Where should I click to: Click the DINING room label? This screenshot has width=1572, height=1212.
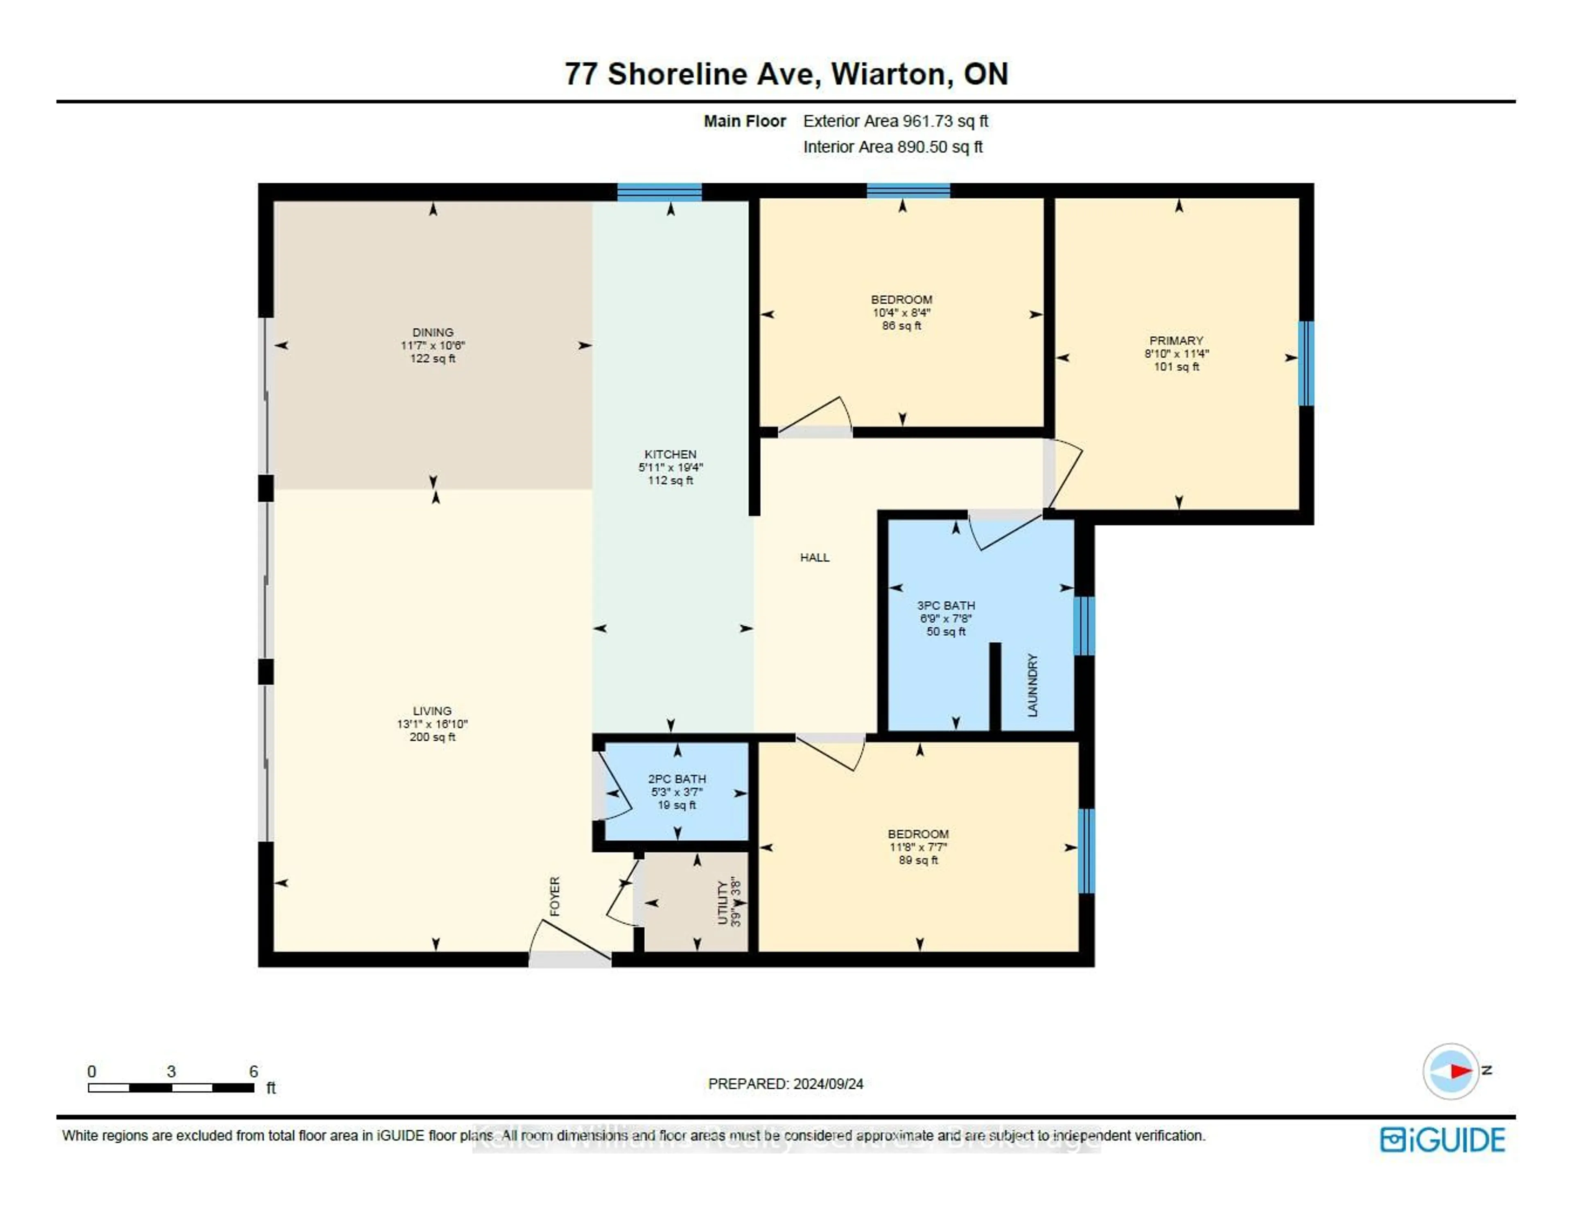(433, 332)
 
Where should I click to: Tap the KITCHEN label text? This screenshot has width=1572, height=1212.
(670, 454)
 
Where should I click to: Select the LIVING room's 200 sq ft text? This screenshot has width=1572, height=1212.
(433, 737)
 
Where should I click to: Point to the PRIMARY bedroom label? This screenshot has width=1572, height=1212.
(1176, 341)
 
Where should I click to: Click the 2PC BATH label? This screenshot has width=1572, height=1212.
(677, 779)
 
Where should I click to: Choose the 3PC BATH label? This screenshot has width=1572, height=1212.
(946, 606)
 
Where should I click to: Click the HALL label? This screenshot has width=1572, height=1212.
(815, 557)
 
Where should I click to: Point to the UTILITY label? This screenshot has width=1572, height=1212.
(723, 902)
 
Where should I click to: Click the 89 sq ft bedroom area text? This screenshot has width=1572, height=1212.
(919, 860)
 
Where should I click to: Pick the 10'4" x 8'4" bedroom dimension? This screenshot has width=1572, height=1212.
(902, 313)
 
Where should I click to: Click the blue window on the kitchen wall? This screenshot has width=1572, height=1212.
(660, 192)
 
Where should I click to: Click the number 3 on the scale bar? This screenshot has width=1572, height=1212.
(171, 1072)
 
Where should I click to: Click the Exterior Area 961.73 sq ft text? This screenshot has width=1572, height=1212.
(895, 121)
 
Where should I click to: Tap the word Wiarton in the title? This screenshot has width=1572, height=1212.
(888, 74)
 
